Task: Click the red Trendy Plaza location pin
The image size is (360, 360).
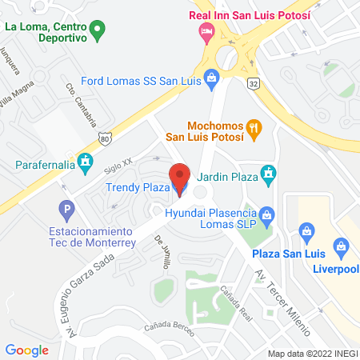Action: (179, 178)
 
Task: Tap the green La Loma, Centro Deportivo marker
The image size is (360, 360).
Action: (98, 32)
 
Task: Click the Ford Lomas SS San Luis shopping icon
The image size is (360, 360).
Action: (211, 78)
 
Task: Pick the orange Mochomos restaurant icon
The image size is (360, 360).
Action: (254, 126)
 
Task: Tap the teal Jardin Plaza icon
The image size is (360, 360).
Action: (270, 173)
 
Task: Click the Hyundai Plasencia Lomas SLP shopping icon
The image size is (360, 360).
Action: (268, 214)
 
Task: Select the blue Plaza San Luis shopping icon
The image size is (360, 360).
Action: (306, 233)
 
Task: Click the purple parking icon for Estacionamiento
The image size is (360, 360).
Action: (69, 210)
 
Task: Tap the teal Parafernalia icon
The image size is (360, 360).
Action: (82, 166)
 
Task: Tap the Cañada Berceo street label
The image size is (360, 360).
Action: (169, 328)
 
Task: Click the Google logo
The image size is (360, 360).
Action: (27, 350)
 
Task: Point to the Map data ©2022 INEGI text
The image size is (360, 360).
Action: (312, 353)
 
